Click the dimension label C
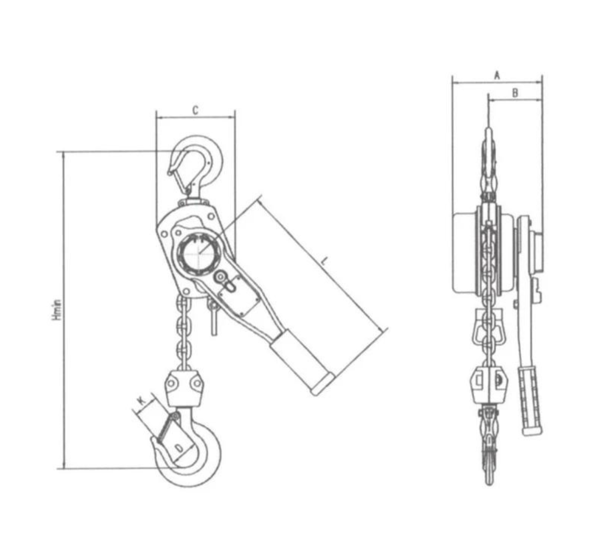(195, 110)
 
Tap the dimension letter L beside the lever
(325, 261)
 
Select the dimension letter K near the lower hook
(142, 400)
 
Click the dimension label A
(497, 75)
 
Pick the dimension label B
(514, 93)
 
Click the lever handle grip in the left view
(300, 361)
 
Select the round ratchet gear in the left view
(199, 253)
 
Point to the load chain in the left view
(183, 330)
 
